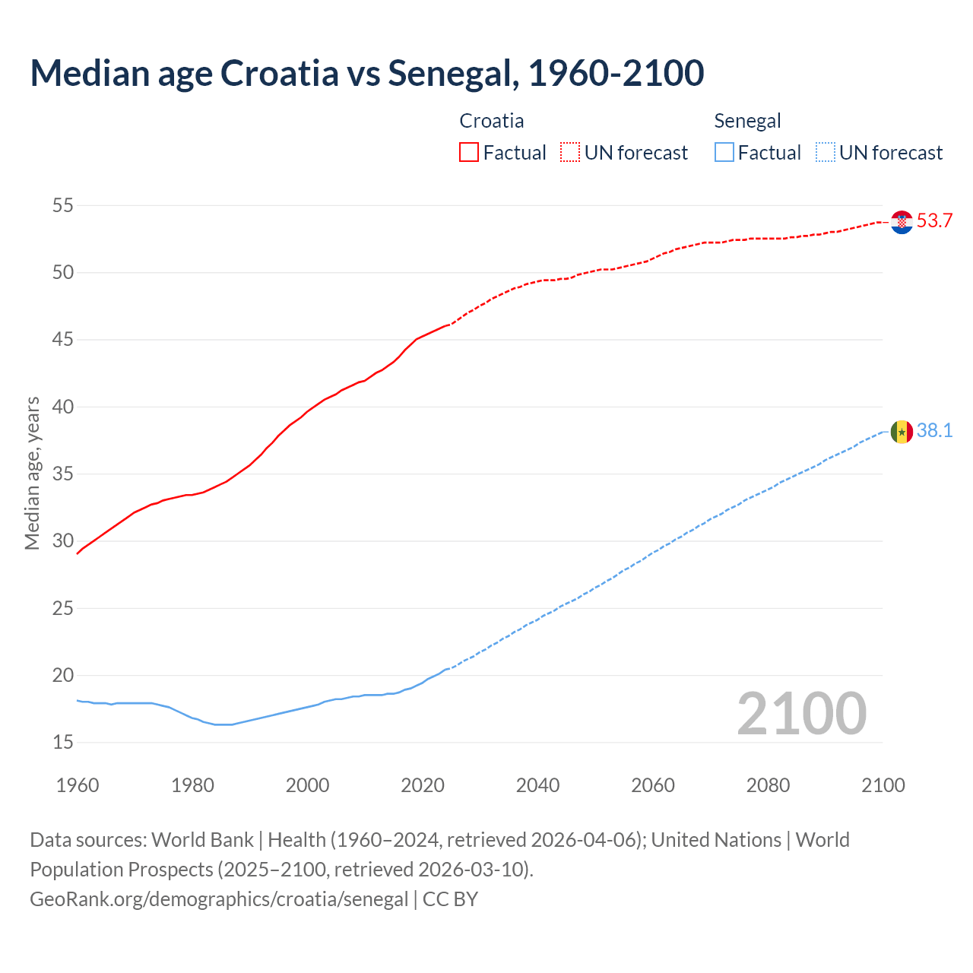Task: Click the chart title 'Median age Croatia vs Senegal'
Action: coord(366,73)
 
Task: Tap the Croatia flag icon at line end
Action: coord(902,222)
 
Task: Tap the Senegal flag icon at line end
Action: coord(902,432)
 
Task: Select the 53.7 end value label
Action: coord(934,221)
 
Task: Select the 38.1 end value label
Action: coord(934,431)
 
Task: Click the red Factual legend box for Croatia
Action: coord(469,153)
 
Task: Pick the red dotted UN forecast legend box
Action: coord(570,153)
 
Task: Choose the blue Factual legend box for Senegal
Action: coord(724,153)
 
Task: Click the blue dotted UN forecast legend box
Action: coord(825,153)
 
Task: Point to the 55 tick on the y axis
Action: coord(63,205)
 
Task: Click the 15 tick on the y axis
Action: coord(63,742)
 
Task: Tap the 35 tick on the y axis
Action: coord(63,474)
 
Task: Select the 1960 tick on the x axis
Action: coord(78,785)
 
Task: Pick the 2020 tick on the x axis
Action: coord(423,785)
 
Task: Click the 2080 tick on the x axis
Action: coord(768,785)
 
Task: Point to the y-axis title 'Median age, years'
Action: coord(32,473)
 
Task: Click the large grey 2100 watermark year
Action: coord(801,713)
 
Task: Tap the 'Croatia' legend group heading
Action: coord(492,121)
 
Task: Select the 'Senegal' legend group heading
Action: coord(747,121)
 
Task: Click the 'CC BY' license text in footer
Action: coord(450,899)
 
